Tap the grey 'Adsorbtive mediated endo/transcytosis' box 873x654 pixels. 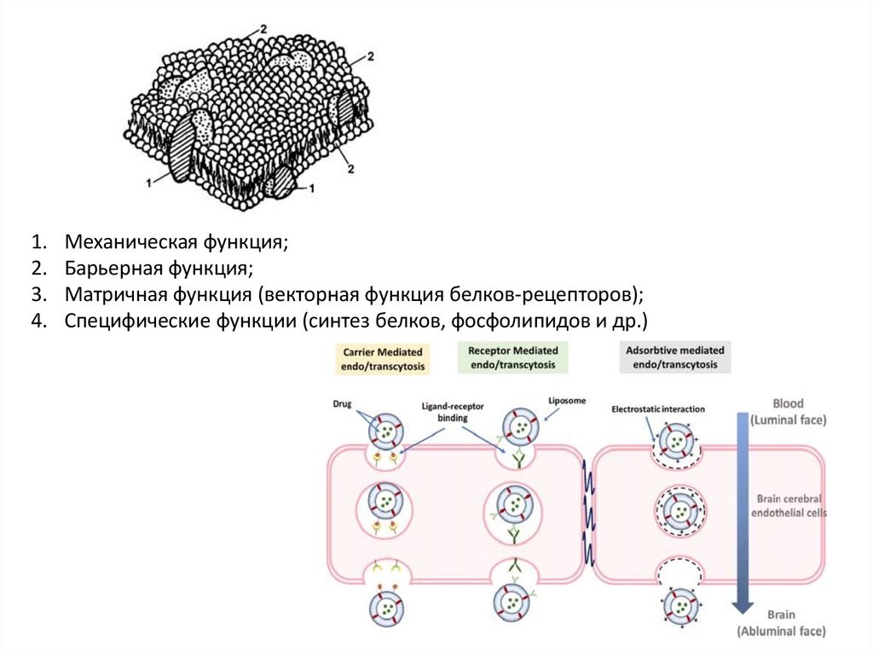[x=675, y=357]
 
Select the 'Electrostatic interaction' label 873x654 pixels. [x=658, y=409]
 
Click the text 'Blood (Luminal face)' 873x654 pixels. [x=788, y=412]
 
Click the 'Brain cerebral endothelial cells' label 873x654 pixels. [x=788, y=506]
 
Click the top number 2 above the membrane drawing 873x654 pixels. [x=264, y=30]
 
